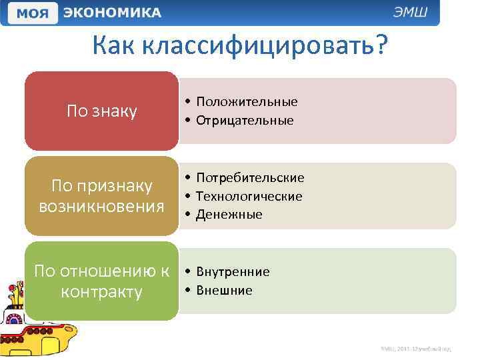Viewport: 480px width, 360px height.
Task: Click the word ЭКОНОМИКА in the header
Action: (112, 13)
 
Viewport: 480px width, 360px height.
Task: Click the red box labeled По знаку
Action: (101, 111)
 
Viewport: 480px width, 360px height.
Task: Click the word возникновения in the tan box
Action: (101, 206)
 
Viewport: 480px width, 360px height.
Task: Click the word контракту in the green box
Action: (101, 292)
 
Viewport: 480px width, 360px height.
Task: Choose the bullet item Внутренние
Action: (233, 271)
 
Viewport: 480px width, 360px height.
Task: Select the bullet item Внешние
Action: (224, 291)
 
